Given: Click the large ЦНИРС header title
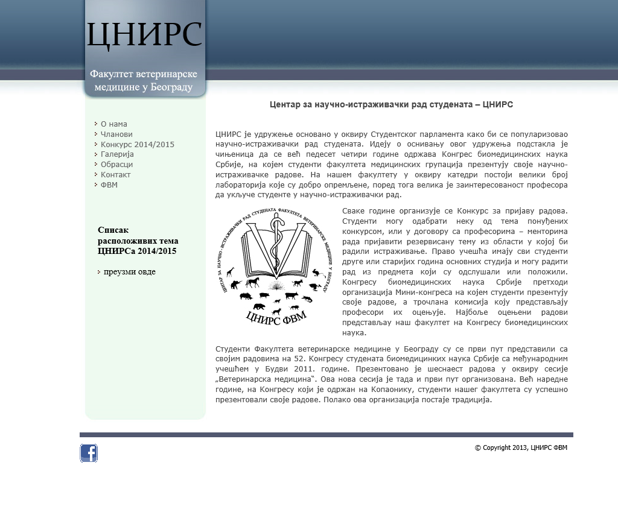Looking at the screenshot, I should click(144, 34).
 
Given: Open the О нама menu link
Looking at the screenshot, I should click(113, 124).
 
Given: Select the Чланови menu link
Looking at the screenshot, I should click(116, 134).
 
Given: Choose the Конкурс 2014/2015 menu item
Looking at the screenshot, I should click(137, 145).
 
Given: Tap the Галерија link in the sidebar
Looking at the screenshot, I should click(116, 154).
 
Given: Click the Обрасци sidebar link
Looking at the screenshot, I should click(116, 165).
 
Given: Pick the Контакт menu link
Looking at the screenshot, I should click(115, 175).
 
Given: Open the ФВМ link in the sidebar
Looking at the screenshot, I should click(109, 185).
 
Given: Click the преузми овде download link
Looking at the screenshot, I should click(129, 272).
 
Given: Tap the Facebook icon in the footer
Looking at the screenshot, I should click(89, 454).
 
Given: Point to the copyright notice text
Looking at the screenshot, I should click(521, 447).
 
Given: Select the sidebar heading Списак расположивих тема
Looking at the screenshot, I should click(138, 240).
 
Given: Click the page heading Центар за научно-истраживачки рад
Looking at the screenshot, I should click(391, 104).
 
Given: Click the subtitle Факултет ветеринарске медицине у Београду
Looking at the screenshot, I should click(144, 81).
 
